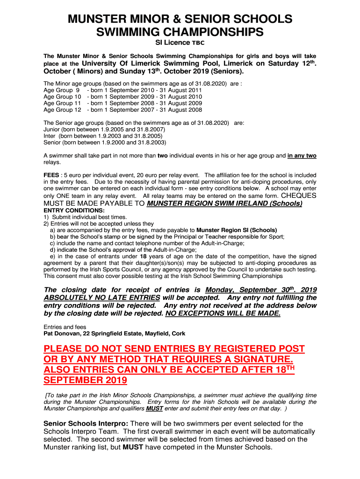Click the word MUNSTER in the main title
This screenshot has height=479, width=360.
click(x=96, y=19)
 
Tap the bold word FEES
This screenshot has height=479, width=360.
click(x=51, y=175)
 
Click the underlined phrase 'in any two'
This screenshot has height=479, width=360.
click(x=302, y=156)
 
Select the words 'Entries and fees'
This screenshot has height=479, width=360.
click(x=65, y=327)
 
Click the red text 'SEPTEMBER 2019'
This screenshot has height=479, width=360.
click(x=85, y=380)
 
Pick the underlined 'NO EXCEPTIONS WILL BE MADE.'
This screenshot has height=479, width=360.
click(x=223, y=313)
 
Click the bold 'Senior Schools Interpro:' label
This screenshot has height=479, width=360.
click(x=82, y=424)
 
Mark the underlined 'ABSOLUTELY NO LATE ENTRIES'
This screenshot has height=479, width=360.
click(x=101, y=298)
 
